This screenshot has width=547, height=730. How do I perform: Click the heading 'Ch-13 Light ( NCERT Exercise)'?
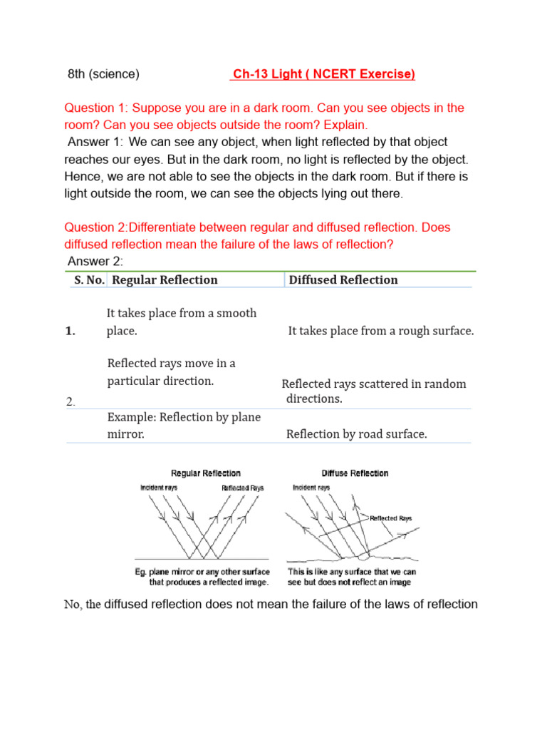(x=323, y=74)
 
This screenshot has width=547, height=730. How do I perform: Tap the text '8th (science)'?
(x=103, y=74)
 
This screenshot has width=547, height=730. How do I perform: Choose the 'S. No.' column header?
(x=89, y=280)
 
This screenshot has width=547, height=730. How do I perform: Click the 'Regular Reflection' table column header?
(x=165, y=280)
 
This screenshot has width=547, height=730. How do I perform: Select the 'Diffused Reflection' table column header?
(x=343, y=280)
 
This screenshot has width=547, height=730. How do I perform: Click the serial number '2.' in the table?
(x=71, y=402)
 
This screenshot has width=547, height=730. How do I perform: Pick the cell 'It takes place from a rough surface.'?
(x=380, y=331)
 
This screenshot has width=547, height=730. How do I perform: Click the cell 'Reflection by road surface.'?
(x=356, y=434)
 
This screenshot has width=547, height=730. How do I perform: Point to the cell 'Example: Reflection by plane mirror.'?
(x=183, y=425)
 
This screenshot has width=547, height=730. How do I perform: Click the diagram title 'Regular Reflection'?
(x=206, y=473)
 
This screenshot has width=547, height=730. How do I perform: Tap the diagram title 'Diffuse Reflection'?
(x=355, y=473)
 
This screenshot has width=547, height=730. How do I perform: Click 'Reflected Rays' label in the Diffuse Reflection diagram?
(x=390, y=518)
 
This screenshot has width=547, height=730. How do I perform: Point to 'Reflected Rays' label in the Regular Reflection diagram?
(x=242, y=488)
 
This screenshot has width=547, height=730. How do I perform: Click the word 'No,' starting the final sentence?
(x=74, y=605)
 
